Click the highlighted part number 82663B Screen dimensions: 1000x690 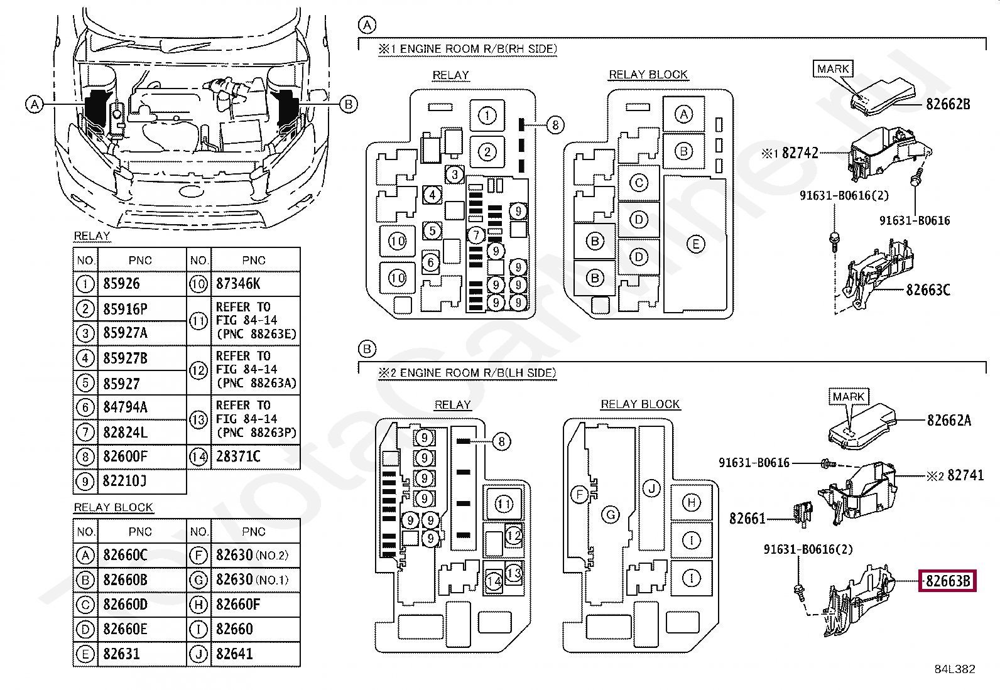pyautogui.click(x=948, y=581)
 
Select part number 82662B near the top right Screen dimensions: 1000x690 pyautogui.click(x=948, y=104)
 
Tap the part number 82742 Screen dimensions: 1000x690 pyautogui.click(x=800, y=153)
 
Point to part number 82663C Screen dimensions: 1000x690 pyautogui.click(x=928, y=290)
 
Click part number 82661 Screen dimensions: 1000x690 pyautogui.click(x=747, y=519)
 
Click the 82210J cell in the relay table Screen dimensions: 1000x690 pyautogui.click(x=142, y=481)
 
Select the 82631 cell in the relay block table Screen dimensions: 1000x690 pyautogui.click(x=142, y=654)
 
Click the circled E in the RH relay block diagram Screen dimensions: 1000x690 pyautogui.click(x=695, y=244)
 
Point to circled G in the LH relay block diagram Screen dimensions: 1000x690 pyautogui.click(x=611, y=515)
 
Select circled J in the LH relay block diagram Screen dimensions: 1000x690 pyautogui.click(x=651, y=488)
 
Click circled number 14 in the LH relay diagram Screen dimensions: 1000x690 pyautogui.click(x=493, y=581)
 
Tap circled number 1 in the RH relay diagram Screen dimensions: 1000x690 pyautogui.click(x=487, y=116)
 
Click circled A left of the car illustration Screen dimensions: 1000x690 pyautogui.click(x=35, y=104)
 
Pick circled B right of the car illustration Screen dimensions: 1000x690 pyautogui.click(x=349, y=104)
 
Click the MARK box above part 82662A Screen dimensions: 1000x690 pyautogui.click(x=849, y=396)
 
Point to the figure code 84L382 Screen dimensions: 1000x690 pyautogui.click(x=955, y=669)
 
